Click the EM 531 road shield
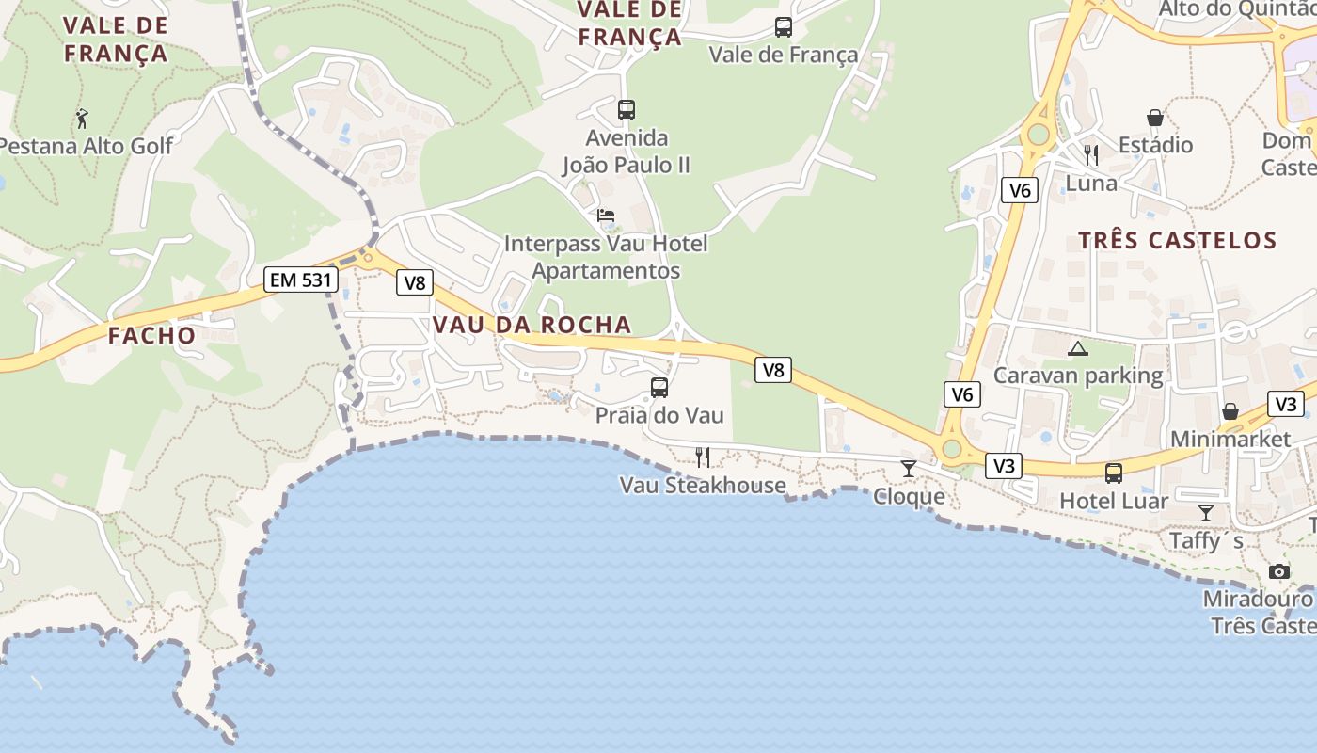pos(300,280)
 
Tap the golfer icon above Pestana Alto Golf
pos(82,120)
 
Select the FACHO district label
pos(151,335)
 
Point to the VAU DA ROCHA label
pos(532,325)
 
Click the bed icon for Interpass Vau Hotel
pos(606,216)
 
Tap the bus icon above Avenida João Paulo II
pos(627,110)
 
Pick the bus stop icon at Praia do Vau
pos(659,388)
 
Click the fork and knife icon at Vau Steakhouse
pos(702,457)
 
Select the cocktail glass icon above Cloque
pos(908,468)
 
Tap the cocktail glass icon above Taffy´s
pos(1205,513)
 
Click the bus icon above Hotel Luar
pos(1114,473)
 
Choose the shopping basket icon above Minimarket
pos(1230,412)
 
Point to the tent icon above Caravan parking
pos(1078,349)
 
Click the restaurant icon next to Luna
pos(1091,154)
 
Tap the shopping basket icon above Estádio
pos(1155,118)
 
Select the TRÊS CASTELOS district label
pos(1177,240)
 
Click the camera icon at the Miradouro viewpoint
pos(1278,571)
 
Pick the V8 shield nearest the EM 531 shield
pos(414,282)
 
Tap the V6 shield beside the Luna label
pos(1020,191)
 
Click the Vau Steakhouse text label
pos(702,486)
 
